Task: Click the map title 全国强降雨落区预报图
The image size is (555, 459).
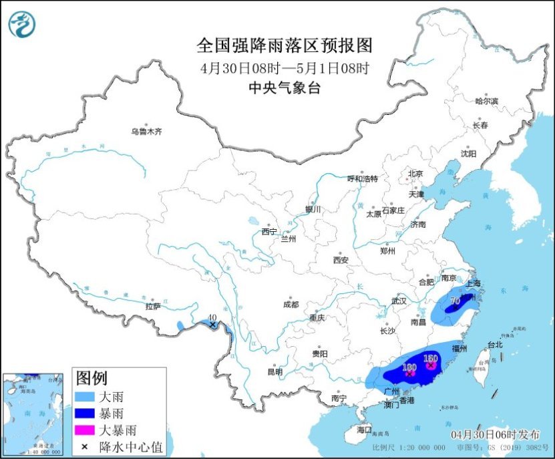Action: (x=284, y=45)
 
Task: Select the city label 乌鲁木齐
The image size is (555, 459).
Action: (x=146, y=132)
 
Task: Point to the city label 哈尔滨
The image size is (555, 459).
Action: (x=486, y=101)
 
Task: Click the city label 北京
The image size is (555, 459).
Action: (x=415, y=174)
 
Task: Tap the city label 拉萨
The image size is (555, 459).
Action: (x=152, y=306)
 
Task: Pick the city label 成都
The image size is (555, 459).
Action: (x=291, y=304)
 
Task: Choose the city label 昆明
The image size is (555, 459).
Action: (x=274, y=371)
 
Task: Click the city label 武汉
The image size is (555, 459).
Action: (x=399, y=301)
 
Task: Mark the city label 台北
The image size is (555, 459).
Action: (x=494, y=345)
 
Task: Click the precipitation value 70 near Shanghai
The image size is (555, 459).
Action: (x=455, y=301)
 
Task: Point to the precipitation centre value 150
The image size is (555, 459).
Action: (x=431, y=358)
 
